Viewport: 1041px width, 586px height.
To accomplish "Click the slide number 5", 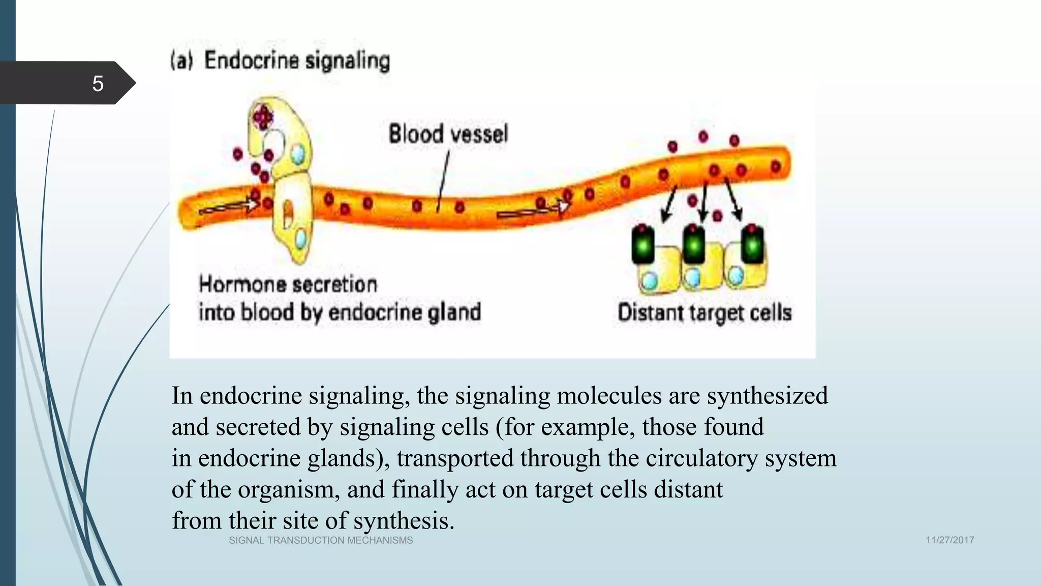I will coord(98,83).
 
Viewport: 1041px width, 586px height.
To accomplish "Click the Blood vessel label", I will coord(448,134).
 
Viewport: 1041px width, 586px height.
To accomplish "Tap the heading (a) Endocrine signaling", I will coord(280,61).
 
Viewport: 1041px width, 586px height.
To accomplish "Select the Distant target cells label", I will coord(705,312).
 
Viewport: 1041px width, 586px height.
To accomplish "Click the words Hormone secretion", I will coord(288,284).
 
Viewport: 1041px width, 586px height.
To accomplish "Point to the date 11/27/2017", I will coord(950,540).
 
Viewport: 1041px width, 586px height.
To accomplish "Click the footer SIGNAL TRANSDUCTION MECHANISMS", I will coord(321,540).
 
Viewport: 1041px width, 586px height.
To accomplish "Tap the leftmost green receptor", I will coord(643,245).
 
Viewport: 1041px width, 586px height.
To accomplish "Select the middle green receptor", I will coord(694,245).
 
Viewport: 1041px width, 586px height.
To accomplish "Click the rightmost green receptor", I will coord(752,245).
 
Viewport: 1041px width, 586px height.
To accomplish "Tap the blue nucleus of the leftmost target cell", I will coord(650,280).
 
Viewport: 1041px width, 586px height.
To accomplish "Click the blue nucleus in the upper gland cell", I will coord(298,153).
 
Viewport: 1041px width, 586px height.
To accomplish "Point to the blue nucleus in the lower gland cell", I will coord(301,238).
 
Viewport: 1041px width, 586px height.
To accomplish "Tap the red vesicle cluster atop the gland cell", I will coord(263,116).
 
